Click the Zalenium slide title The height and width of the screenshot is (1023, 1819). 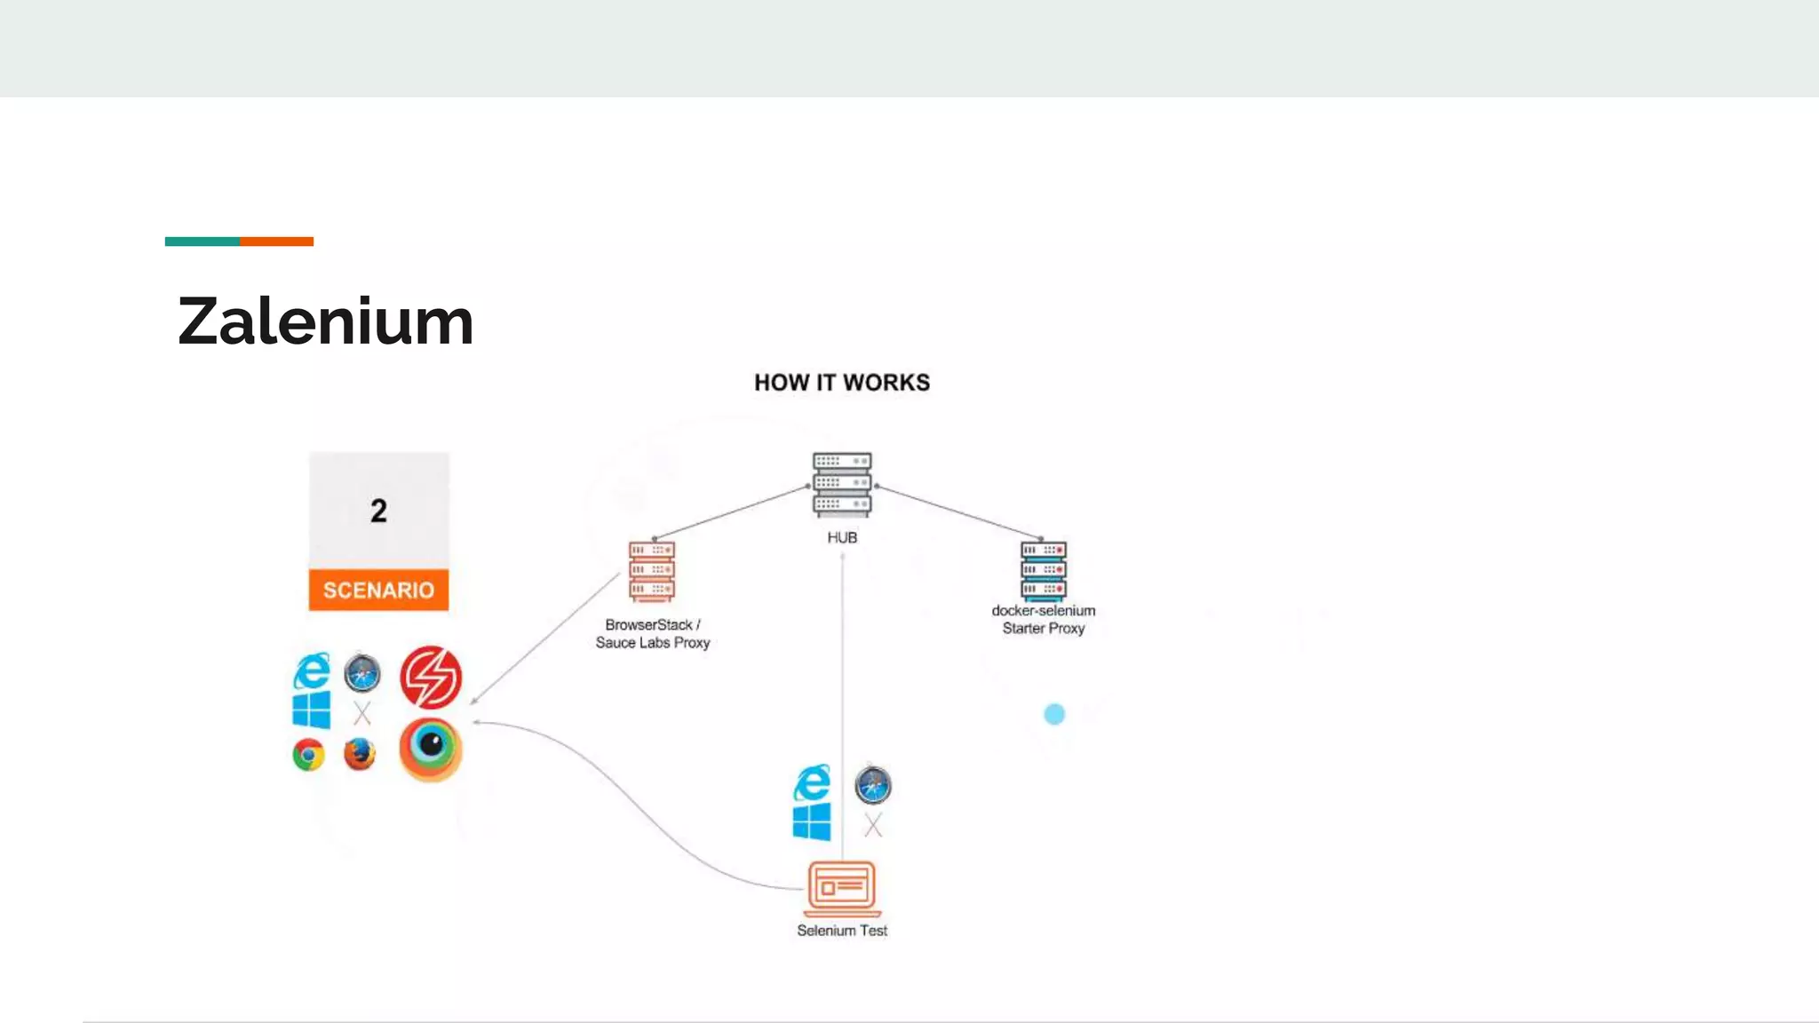(x=325, y=321)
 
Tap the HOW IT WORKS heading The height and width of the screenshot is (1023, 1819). (x=842, y=383)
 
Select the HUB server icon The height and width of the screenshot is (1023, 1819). (x=842, y=484)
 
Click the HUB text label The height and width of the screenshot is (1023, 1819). (x=842, y=537)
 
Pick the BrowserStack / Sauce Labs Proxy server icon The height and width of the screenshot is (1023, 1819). (x=652, y=572)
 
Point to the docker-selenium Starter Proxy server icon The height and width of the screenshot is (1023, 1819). (x=1044, y=571)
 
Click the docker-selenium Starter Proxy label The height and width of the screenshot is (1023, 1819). (x=1044, y=620)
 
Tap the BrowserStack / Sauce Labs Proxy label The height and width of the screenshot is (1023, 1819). (x=653, y=634)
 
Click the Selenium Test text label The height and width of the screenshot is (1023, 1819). (x=842, y=931)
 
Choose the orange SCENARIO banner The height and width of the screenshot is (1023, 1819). (x=378, y=591)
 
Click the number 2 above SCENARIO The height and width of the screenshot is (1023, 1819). (x=378, y=511)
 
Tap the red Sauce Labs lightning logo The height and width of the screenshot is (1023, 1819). (x=431, y=677)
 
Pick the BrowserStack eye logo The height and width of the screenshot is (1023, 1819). (x=431, y=749)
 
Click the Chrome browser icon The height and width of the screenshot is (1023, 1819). (x=308, y=755)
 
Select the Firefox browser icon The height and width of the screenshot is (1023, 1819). (x=360, y=755)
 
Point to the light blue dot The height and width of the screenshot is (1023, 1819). (x=1054, y=714)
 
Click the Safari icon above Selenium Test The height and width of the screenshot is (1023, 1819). (x=873, y=786)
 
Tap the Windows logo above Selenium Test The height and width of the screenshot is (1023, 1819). (x=812, y=821)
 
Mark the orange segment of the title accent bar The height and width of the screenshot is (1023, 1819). (x=276, y=242)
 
